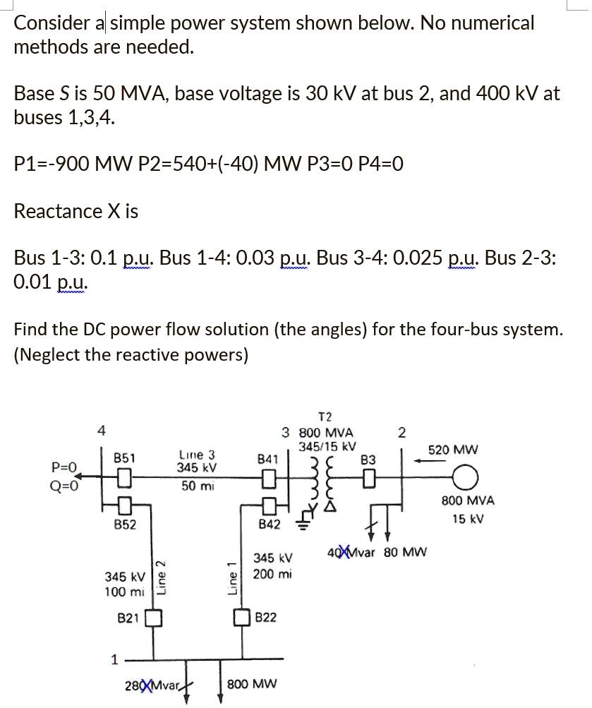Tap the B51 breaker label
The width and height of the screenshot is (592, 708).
[125, 458]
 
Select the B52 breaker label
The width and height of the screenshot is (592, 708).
[125, 524]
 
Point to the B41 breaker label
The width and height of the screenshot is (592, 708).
[268, 459]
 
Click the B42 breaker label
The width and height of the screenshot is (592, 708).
[269, 524]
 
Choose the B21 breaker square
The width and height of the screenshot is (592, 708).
[154, 618]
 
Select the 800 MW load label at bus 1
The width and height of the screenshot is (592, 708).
[252, 684]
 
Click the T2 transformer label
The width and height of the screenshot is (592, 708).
[325, 416]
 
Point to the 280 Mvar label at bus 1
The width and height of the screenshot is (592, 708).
[151, 685]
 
